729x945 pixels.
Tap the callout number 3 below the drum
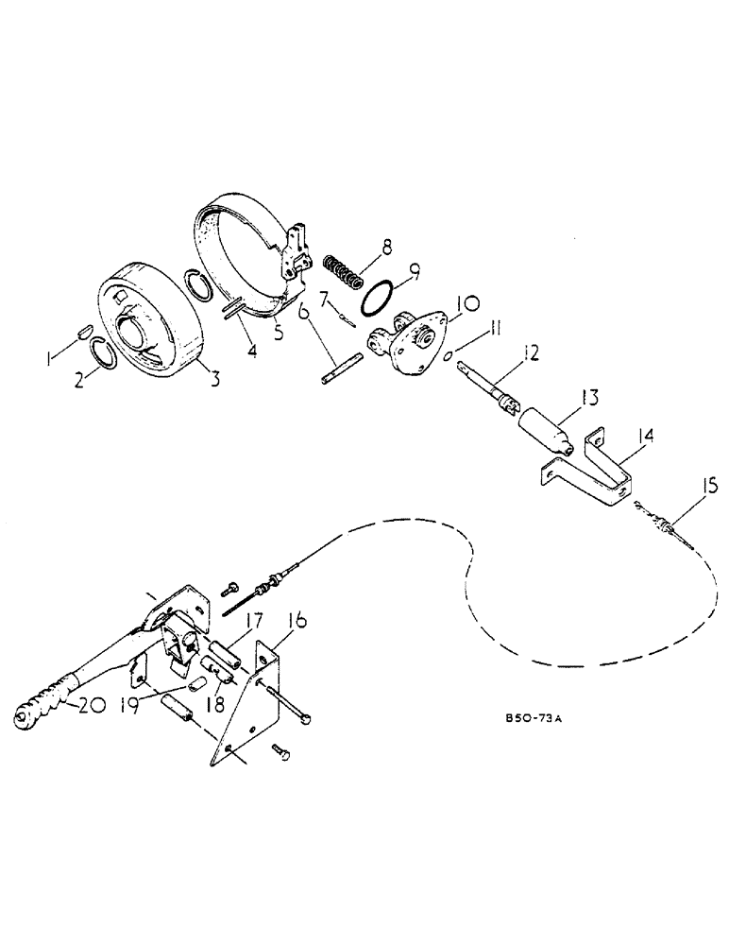coord(215,380)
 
